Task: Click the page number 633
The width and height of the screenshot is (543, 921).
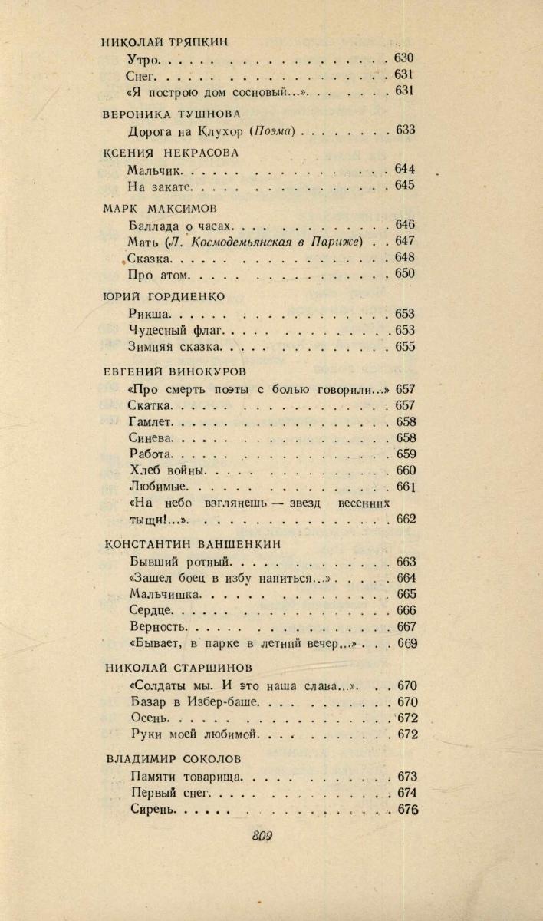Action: (405, 130)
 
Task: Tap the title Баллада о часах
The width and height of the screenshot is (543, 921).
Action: (181, 226)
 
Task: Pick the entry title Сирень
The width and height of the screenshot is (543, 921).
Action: (154, 810)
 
